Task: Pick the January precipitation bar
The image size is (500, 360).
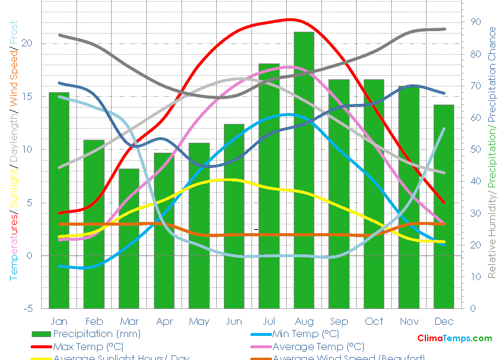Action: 59,200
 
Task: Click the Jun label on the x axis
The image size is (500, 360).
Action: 234,322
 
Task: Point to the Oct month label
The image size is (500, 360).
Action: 374,322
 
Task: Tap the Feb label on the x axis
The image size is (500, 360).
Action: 94,322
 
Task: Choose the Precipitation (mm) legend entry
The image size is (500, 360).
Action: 88,334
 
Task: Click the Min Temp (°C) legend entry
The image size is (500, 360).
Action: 306,334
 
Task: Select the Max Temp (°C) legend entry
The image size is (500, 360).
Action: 88,346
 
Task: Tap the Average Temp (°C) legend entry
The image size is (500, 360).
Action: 318,346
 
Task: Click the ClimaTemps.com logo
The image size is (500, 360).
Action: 455,338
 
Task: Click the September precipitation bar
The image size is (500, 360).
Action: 339,194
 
